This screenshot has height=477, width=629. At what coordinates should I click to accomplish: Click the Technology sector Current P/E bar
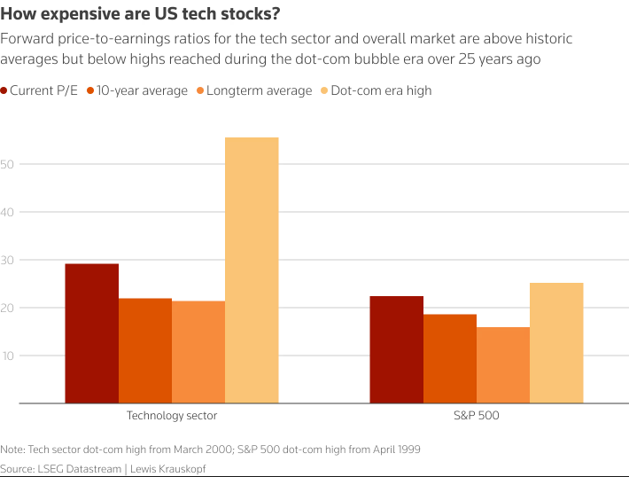(x=92, y=333)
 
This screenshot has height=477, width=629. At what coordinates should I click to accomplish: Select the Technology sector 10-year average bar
(x=145, y=350)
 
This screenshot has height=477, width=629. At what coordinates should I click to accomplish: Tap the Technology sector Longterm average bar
(x=198, y=352)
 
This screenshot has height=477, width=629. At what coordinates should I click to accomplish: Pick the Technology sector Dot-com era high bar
(x=252, y=270)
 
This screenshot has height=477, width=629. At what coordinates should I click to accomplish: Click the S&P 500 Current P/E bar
(x=397, y=349)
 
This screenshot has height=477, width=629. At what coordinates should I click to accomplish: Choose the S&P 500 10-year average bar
(x=450, y=358)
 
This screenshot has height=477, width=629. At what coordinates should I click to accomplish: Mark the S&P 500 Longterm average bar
(x=503, y=365)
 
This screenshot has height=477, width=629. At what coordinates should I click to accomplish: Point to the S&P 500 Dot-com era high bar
(x=556, y=343)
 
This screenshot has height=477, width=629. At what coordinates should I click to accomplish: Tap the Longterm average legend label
(x=259, y=90)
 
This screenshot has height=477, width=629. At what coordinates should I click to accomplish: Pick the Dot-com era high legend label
(x=381, y=90)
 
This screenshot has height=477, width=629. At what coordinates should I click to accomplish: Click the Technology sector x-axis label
(x=172, y=415)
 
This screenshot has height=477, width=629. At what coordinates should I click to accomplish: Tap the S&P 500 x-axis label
(x=477, y=415)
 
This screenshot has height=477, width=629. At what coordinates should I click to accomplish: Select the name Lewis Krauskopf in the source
(x=167, y=467)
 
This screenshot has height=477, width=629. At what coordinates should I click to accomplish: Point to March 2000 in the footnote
(x=216, y=450)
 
